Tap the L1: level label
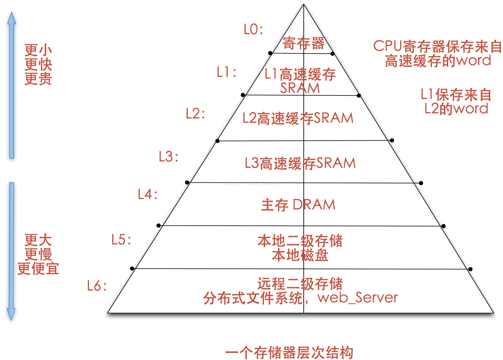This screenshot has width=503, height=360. click(226, 72)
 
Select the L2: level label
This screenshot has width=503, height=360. click(195, 114)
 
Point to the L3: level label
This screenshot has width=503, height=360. click(168, 157)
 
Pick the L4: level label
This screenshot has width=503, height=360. click(147, 194)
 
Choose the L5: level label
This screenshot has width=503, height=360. click(121, 240)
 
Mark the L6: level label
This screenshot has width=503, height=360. click(97, 286)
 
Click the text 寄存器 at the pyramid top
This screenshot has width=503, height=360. click(304, 44)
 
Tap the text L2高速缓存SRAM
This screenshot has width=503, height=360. click(298, 118)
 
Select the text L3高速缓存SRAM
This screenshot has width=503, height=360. click(300, 163)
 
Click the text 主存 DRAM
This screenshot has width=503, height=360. click(298, 205)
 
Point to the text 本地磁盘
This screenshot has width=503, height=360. click(300, 255)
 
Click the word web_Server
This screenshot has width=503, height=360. click(358, 298)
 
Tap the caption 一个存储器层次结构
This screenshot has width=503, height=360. click(289, 353)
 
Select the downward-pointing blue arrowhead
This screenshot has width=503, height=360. click(11, 314)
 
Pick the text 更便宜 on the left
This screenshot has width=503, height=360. click(38, 269)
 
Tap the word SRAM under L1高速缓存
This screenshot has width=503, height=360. click(300, 88)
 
